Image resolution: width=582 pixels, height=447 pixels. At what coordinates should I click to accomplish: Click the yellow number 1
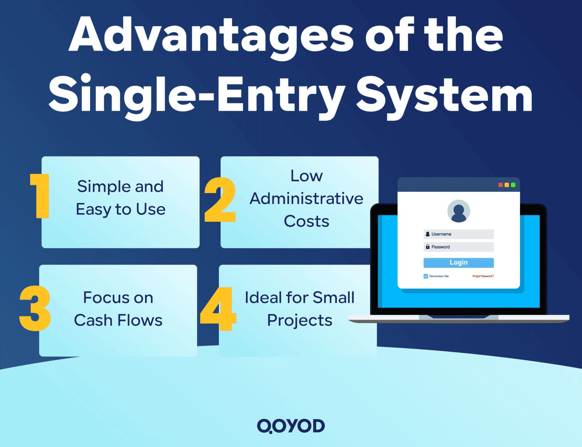[41, 196]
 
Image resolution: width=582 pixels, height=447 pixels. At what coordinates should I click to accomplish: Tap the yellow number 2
[220, 200]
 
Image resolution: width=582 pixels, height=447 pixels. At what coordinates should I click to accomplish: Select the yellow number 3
[35, 308]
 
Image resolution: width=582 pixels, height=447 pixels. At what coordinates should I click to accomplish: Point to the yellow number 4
[218, 309]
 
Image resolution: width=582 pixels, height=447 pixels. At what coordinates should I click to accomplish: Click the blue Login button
[458, 263]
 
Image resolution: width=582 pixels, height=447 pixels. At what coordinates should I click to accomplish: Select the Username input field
[458, 234]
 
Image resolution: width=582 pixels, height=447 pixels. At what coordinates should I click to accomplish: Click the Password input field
[458, 247]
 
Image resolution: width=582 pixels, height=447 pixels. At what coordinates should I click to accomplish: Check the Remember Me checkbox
[426, 276]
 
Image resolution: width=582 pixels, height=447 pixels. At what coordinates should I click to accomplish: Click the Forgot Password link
[483, 276]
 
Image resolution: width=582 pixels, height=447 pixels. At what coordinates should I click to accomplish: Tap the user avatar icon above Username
[458, 211]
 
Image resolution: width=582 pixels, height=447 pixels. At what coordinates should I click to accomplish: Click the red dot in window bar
[501, 185]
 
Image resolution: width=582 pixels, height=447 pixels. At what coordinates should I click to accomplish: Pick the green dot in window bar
[513, 185]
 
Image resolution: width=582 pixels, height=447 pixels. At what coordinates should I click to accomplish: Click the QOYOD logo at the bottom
[291, 426]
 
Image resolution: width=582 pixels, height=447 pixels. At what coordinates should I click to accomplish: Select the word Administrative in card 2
[306, 198]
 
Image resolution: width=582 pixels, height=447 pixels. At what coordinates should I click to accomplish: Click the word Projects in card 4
[300, 320]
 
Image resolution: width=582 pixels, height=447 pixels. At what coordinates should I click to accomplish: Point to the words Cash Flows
[118, 320]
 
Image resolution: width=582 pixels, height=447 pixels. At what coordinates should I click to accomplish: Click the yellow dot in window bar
[507, 185]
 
